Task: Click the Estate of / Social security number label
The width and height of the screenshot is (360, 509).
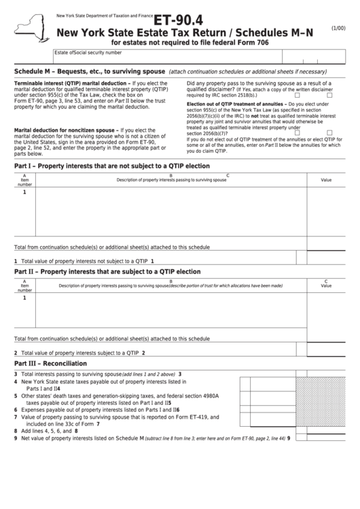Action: (88, 52)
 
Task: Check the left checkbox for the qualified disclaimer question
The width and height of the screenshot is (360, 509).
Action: (297, 95)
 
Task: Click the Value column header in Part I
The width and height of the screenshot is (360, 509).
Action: (326, 180)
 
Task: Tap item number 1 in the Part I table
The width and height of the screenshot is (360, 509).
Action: (24, 192)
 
